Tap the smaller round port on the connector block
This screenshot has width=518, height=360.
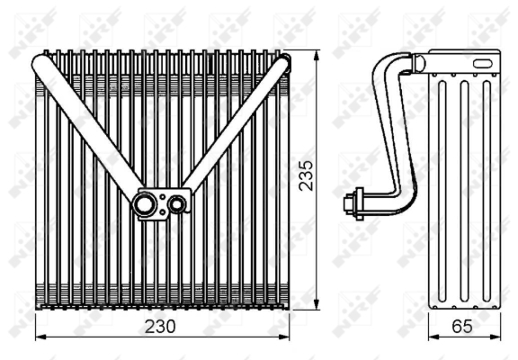pyautogui.click(x=177, y=204)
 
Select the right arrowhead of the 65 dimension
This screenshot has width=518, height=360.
pyautogui.click(x=499, y=337)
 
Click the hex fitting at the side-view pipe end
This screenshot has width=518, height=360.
pyautogui.click(x=353, y=202)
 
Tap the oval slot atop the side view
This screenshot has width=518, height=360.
pyautogui.click(x=482, y=63)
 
